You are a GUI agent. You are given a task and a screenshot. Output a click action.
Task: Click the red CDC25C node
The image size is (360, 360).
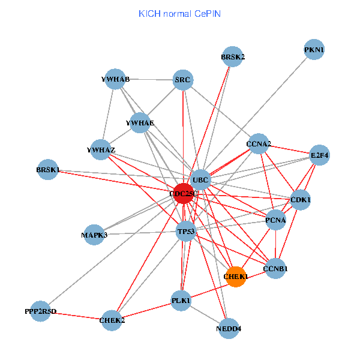point(184,193)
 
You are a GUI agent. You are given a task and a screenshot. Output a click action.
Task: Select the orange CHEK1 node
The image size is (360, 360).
point(236,276)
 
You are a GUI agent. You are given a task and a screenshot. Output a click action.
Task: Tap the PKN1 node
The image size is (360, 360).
point(314,50)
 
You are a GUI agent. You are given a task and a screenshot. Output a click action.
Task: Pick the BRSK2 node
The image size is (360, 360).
point(233,57)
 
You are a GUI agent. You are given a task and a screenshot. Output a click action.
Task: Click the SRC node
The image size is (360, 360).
point(182,79)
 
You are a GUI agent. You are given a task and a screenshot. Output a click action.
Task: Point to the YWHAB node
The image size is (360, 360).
point(115,79)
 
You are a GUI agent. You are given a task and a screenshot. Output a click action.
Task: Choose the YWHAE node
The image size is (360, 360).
point(140,123)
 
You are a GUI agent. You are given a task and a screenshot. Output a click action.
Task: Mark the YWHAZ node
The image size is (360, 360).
point(101,149)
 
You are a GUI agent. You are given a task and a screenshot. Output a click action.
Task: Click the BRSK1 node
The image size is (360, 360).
point(48,170)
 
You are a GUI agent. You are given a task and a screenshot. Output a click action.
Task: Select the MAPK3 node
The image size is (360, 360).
point(94,235)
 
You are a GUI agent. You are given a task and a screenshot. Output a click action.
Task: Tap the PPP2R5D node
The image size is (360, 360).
point(41,311)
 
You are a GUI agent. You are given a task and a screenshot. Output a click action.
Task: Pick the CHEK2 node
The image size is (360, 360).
point(112,320)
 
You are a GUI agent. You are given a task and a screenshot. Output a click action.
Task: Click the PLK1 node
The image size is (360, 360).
point(181,300)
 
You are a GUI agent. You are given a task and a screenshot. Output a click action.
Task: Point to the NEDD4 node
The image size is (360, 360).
point(228,328)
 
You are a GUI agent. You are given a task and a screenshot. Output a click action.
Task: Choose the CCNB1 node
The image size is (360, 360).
point(276,269)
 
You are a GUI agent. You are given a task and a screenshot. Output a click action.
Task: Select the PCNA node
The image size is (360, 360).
point(275,220)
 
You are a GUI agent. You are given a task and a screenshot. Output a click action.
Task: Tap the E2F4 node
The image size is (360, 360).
point(319,155)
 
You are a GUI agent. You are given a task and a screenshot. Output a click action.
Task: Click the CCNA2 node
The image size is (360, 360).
point(259,144)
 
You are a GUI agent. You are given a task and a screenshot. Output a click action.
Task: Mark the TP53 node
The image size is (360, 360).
point(185,231)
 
